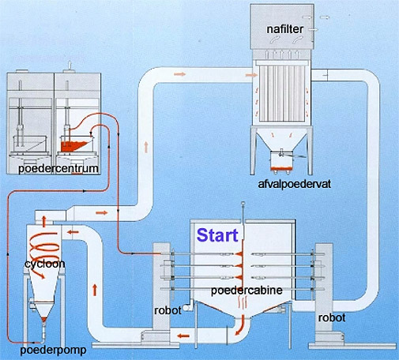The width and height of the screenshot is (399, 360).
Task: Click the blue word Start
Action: pos(217,235)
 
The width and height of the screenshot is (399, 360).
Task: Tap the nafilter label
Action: pos(285,29)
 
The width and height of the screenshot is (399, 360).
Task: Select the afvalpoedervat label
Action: pos(295,184)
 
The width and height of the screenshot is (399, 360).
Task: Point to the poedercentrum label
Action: pos(58,168)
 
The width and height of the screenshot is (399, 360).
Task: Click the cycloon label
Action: pos(45,264)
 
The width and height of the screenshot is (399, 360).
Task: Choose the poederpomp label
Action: pos(53,350)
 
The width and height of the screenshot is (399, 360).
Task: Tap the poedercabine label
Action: pos(247,291)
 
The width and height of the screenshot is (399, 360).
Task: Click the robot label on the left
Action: pos(168,310)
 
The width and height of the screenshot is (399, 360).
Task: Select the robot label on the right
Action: pos(332,317)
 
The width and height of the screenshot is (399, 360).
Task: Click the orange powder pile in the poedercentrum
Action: pos(73,146)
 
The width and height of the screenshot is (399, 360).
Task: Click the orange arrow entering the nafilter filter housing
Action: pos(251,75)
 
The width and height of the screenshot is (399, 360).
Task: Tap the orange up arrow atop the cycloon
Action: pos(44,221)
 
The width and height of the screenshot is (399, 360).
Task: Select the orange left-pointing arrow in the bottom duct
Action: pos(183,336)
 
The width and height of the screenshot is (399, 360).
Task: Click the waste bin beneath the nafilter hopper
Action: pos(281,162)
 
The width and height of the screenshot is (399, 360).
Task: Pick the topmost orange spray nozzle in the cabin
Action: pos(239,253)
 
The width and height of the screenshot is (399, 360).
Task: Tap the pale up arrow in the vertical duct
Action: pos(146,147)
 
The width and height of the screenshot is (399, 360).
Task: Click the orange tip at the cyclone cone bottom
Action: pos(44,319)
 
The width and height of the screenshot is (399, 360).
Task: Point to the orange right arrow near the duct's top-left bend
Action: pos(180,74)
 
